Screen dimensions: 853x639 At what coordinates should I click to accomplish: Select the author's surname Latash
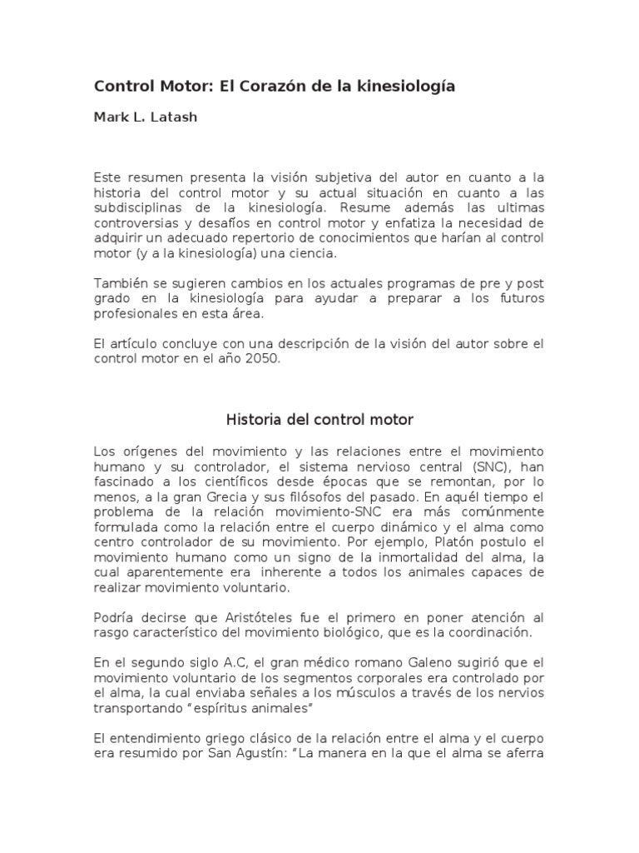click(176, 117)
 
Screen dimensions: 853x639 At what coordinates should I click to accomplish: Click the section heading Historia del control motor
click(319, 419)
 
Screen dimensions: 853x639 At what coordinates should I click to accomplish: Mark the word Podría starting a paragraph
click(116, 616)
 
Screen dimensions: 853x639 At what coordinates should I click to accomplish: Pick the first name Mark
click(111, 117)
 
